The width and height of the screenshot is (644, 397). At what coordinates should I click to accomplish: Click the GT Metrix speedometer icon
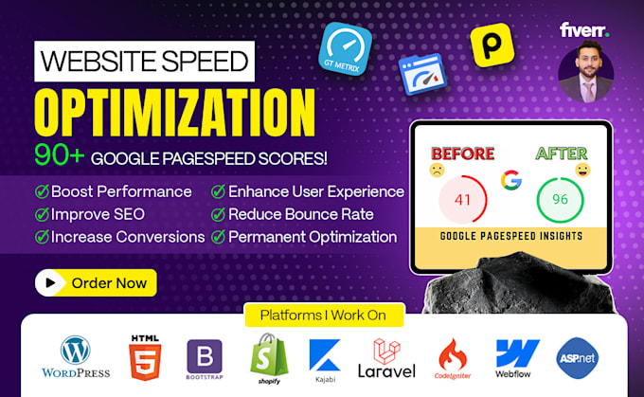[x=345, y=49]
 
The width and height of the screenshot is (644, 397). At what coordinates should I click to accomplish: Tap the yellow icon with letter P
[x=492, y=45]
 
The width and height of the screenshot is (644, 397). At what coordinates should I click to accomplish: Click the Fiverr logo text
[x=584, y=30]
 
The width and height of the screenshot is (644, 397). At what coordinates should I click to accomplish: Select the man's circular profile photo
[x=586, y=74]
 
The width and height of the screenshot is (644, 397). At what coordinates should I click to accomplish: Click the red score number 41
[x=462, y=200]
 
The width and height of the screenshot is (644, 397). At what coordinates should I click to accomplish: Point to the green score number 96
[x=560, y=199]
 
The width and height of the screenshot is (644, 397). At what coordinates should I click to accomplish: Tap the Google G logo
[x=510, y=180]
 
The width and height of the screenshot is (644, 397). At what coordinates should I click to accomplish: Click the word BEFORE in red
[x=463, y=153]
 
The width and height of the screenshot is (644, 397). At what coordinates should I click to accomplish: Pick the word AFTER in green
[x=562, y=153]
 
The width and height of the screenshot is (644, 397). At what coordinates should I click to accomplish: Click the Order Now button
[x=96, y=282]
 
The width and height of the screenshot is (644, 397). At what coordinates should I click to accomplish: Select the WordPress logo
[x=76, y=356]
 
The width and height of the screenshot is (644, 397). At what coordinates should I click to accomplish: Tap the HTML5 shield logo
[x=145, y=357]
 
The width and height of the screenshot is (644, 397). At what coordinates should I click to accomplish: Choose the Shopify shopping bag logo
[x=269, y=358]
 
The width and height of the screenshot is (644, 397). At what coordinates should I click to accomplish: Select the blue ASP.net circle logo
[x=578, y=358]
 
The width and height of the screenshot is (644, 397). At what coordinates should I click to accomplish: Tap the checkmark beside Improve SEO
[x=42, y=214]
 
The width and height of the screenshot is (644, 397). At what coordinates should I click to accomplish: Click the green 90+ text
[x=59, y=155]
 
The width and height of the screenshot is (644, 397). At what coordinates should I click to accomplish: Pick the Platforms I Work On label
[x=324, y=316]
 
